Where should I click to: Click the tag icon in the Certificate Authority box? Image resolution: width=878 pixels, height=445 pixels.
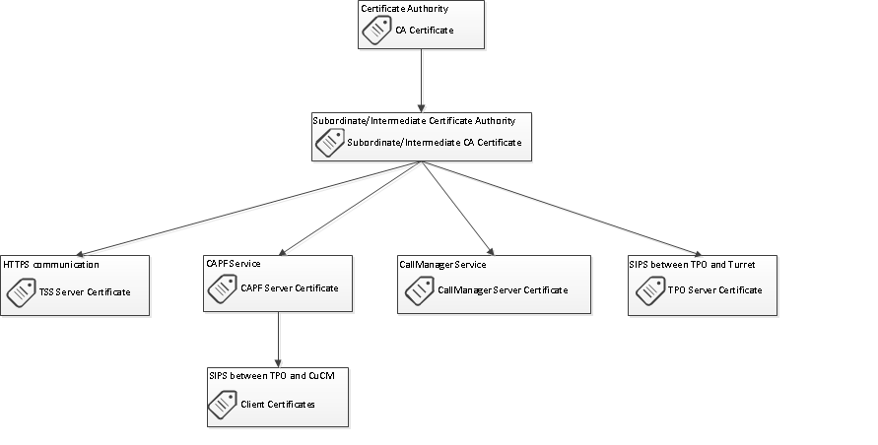pos(376,31)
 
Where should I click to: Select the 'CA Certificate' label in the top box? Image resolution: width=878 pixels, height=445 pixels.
pos(424,31)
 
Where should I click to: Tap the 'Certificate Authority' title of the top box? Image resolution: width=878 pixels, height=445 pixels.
pos(404,9)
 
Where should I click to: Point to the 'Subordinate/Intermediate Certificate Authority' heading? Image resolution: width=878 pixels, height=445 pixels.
pos(413,121)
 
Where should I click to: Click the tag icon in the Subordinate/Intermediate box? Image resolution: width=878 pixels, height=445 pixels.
pos(328,144)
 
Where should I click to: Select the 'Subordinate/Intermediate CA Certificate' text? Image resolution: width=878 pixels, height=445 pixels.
pos(434,143)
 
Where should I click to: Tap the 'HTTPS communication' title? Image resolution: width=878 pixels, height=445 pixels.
pos(51,265)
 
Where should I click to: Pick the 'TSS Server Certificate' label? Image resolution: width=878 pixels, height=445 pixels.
pos(85,292)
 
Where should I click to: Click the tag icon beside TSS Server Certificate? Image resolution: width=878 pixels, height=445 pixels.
pos(21,291)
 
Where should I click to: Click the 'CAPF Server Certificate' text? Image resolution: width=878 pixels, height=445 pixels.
pos(289,288)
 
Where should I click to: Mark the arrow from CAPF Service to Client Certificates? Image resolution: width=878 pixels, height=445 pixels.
pos(278,340)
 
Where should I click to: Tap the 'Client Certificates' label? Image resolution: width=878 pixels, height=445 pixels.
pos(278,404)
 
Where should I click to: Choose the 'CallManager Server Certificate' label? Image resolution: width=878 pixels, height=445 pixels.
pos(502,290)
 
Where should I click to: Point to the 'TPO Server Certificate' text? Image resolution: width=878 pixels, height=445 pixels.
pos(714,290)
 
